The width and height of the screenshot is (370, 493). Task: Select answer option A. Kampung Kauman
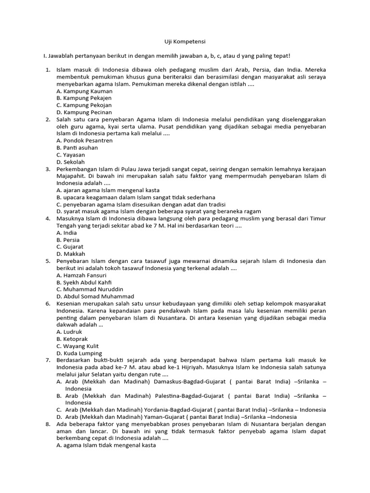tap(84, 91)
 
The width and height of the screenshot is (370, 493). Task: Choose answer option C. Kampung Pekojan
tap(84, 105)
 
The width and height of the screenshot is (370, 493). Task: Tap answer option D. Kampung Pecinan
tap(84, 112)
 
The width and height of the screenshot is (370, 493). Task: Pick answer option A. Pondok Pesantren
tap(84, 141)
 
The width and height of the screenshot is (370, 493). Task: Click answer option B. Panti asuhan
tap(77, 148)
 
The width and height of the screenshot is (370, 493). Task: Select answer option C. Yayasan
tap(70, 155)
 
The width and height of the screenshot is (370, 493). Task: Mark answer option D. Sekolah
tap(70, 162)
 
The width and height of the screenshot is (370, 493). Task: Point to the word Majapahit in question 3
tap(72, 176)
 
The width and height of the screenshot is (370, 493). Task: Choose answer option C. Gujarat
tap(70, 247)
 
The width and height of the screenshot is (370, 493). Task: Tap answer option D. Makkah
tap(70, 254)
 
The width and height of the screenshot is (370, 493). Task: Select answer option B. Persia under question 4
tap(68, 240)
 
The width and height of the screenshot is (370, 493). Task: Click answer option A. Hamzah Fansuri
tap(81, 275)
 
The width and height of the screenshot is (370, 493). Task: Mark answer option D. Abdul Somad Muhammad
tap(95, 297)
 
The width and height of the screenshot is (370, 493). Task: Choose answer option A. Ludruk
tap(69, 332)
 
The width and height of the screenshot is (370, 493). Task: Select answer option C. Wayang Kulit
tap(78, 346)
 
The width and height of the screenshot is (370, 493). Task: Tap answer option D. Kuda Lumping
tap(79, 353)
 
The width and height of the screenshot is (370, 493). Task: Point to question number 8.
tap(48, 424)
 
